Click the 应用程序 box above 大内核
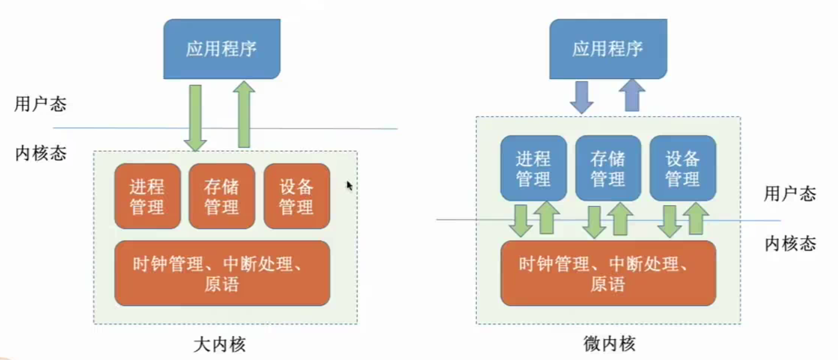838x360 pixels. pyautogui.click(x=221, y=48)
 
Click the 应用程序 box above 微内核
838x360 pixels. pyautogui.click(x=608, y=48)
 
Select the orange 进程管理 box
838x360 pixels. pyautogui.click(x=147, y=196)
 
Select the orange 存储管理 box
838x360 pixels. pyautogui.click(x=222, y=196)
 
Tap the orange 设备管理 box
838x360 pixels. pyautogui.click(x=297, y=196)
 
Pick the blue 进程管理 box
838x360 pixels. pyautogui.click(x=534, y=168)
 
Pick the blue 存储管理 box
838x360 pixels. pyautogui.click(x=608, y=168)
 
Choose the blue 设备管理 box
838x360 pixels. pyautogui.click(x=683, y=168)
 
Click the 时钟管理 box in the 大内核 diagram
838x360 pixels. pyautogui.click(x=222, y=273)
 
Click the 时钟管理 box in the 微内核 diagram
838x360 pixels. pyautogui.click(x=608, y=273)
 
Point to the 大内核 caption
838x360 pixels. pyautogui.click(x=221, y=345)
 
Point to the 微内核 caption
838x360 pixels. pyautogui.click(x=608, y=345)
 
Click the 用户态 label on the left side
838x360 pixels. pyautogui.click(x=40, y=105)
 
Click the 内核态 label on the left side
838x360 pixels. pyautogui.click(x=40, y=154)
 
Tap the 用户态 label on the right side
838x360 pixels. pyautogui.click(x=790, y=194)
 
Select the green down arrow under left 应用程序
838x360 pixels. pyautogui.click(x=195, y=117)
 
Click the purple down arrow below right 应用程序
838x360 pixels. pyautogui.click(x=582, y=97)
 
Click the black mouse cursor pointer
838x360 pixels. pyautogui.click(x=349, y=186)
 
